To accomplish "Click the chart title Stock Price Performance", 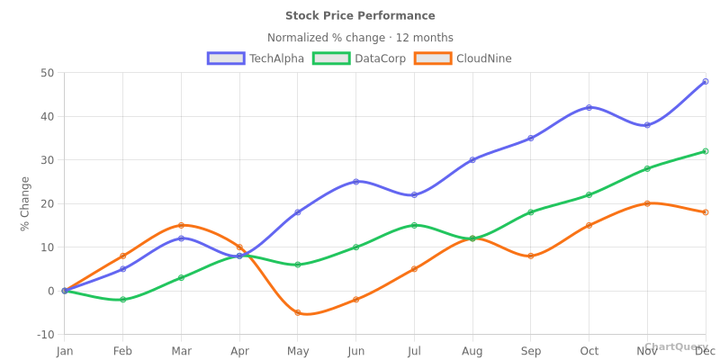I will pos(360,15).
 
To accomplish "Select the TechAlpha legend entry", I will pos(256,58).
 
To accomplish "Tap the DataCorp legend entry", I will pos(360,58).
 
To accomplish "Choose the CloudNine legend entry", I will pos(463,58).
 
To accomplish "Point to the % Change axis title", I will pos(25,203).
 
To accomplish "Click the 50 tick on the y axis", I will pos(47,73).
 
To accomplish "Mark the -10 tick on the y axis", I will pos(45,335).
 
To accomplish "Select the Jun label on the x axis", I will pos(355,351).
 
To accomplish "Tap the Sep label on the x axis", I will pos(530,351).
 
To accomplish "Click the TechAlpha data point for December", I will pos(705,82).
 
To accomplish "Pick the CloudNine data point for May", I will pos(298,312).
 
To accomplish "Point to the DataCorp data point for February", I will pos(122,300).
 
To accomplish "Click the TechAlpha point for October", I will pos(589,108).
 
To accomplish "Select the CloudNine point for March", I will pos(181,225).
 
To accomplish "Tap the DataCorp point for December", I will pos(705,151).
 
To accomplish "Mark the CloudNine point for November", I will pos(647,203).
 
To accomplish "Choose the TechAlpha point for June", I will pos(355,182).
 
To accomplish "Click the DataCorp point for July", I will pos(414,225).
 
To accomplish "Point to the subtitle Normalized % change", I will pos(360,38).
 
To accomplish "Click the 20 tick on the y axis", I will pos(47,203).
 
